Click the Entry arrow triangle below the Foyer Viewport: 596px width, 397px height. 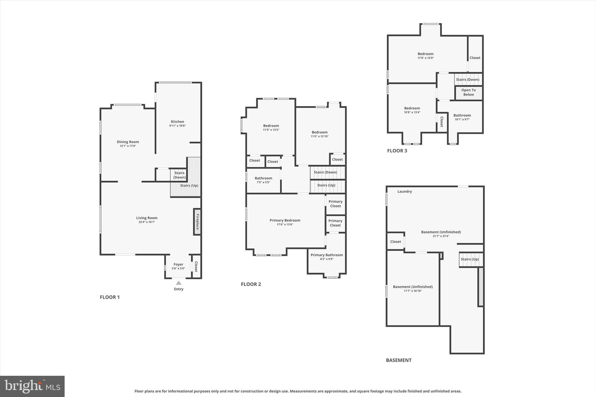[x=179, y=283]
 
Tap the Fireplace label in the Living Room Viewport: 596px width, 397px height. [x=197, y=222]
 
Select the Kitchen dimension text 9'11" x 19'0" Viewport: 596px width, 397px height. [x=178, y=126]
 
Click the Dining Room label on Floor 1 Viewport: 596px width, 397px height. [x=128, y=142]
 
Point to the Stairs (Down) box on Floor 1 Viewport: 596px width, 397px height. [x=179, y=175]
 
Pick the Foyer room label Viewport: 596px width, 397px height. [x=178, y=264]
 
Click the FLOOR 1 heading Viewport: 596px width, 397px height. [x=110, y=297]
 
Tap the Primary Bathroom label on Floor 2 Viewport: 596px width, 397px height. [x=327, y=255]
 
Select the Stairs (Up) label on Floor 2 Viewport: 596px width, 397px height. [x=326, y=185]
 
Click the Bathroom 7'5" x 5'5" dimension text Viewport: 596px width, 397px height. [x=263, y=182]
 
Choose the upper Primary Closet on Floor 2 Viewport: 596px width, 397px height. [x=336, y=204]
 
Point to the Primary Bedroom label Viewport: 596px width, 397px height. [x=285, y=220]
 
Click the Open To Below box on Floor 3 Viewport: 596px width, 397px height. [x=469, y=92]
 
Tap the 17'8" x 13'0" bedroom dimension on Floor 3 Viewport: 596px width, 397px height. [x=425, y=58]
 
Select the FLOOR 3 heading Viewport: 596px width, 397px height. [x=397, y=151]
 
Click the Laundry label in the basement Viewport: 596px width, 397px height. [x=405, y=191]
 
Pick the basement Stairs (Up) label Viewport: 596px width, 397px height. [x=470, y=259]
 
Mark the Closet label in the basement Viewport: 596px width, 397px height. [x=395, y=242]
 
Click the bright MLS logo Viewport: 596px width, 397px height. [x=32, y=386]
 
